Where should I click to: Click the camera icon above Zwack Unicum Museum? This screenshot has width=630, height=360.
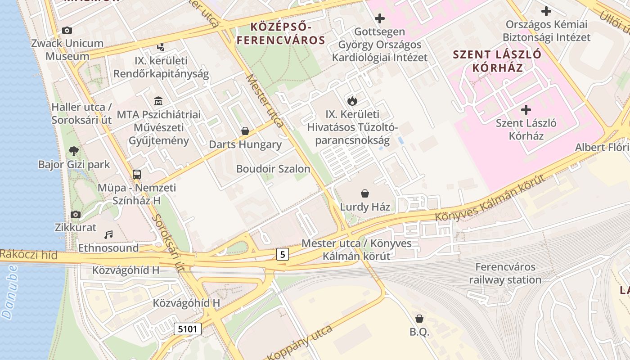point(67,31)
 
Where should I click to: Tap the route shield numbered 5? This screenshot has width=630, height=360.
point(282,254)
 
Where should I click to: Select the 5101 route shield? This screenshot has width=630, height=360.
point(187,329)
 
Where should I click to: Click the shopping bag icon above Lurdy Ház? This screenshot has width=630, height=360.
point(365,193)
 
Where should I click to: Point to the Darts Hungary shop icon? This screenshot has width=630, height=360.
point(245,131)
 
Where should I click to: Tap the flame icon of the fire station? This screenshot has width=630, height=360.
point(352,101)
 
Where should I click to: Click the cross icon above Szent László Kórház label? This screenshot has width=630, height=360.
point(526,110)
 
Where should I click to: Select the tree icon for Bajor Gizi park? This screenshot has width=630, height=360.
point(74,151)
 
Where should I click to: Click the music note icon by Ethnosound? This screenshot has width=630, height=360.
point(108,234)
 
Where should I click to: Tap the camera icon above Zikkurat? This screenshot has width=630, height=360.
point(76,214)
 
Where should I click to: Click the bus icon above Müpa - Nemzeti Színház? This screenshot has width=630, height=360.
point(137,174)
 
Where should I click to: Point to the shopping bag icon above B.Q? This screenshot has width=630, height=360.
point(419,319)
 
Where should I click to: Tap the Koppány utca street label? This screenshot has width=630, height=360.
point(300,342)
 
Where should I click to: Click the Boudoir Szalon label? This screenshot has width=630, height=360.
point(273,169)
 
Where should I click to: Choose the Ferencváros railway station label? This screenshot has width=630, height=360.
point(505,273)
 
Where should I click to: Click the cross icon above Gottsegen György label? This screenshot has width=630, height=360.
point(380,18)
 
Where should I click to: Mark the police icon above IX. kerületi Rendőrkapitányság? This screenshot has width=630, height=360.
point(161,47)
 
